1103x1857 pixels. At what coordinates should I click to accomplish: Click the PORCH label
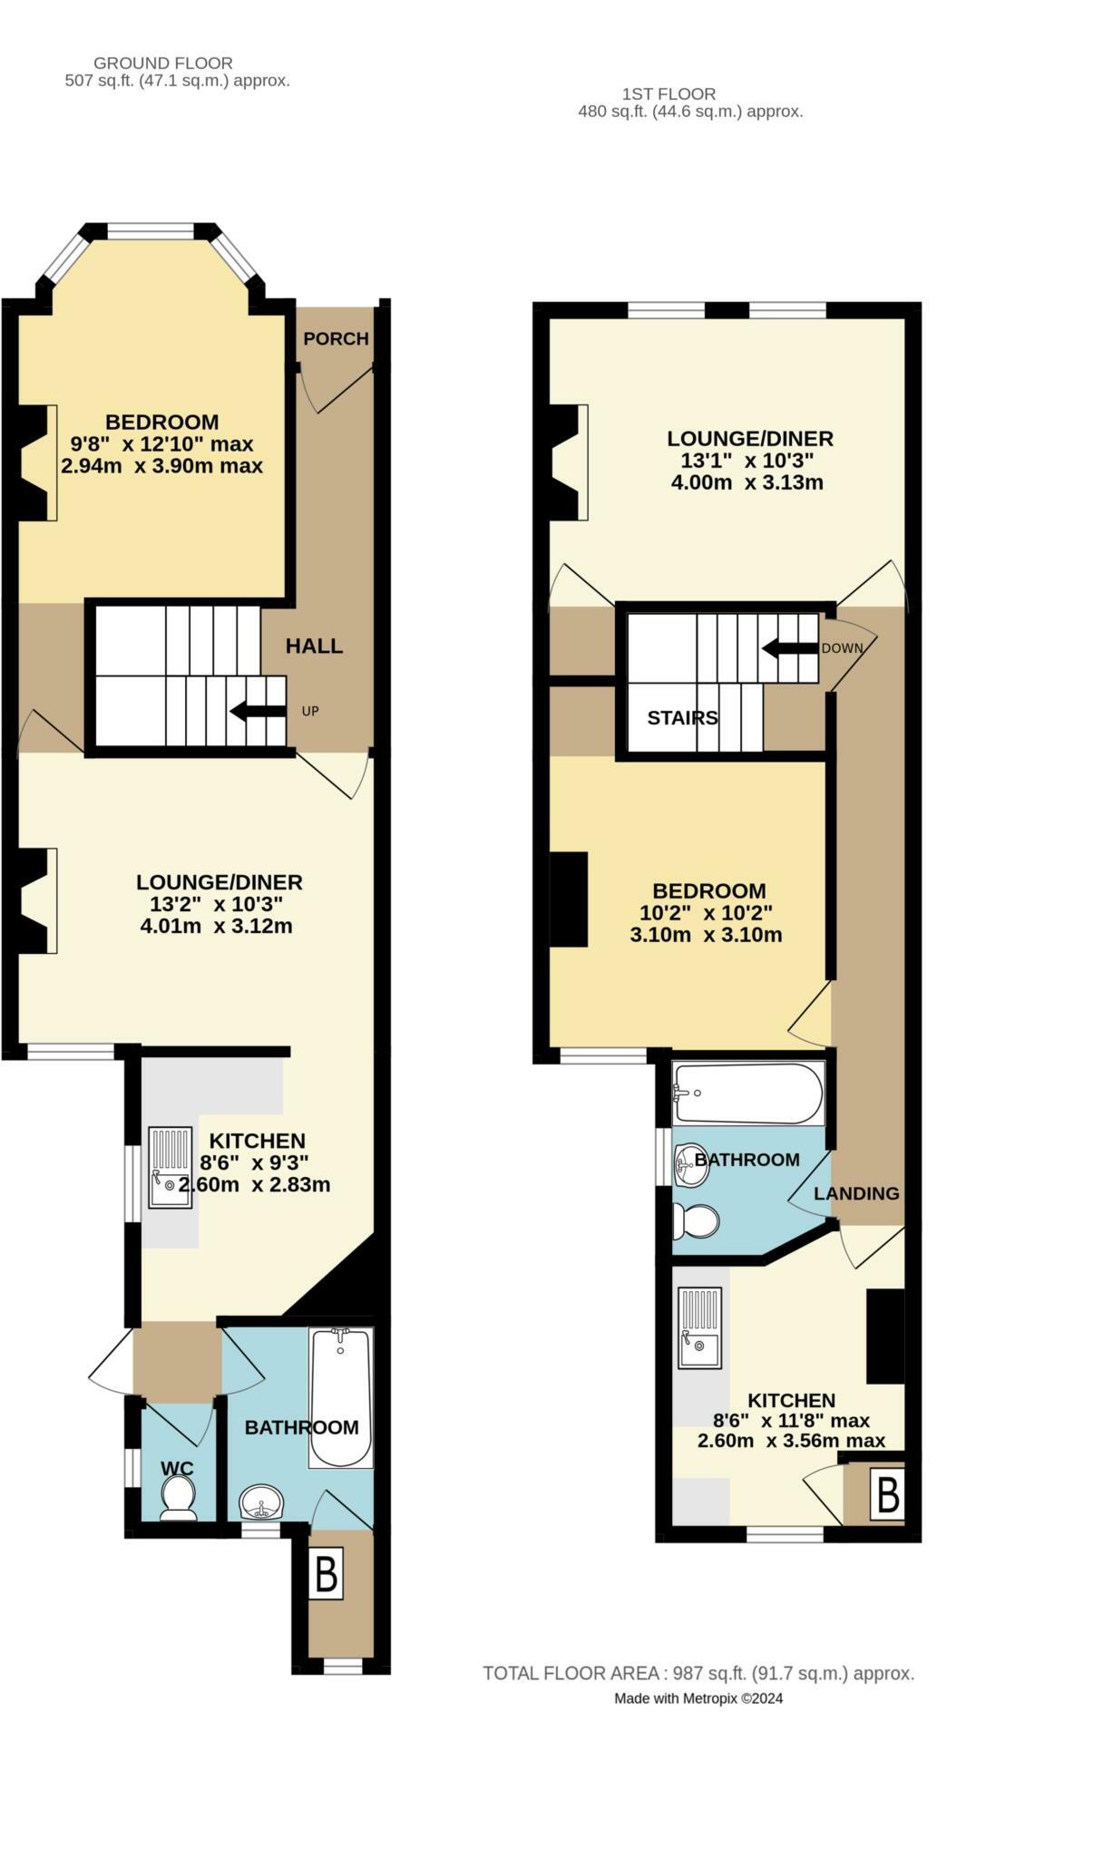tap(336, 339)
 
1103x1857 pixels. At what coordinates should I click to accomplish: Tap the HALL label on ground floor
tap(314, 647)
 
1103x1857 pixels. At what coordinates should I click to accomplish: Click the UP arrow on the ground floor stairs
tap(258, 711)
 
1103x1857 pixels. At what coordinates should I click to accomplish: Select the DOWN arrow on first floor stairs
tap(790, 648)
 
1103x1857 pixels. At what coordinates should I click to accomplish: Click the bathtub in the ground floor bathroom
tap(340, 1397)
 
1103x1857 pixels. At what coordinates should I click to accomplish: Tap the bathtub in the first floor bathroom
tap(748, 1094)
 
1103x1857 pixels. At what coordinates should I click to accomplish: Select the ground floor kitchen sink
tap(171, 1167)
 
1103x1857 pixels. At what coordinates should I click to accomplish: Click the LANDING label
tap(856, 1193)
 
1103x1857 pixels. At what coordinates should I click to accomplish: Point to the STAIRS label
tap(683, 718)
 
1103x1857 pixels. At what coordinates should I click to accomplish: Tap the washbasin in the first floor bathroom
tap(692, 1164)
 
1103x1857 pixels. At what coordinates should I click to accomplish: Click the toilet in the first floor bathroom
tap(696, 1221)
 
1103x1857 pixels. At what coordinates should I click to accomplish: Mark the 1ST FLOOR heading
tap(669, 93)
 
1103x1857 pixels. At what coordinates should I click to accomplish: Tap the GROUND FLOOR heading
tap(163, 63)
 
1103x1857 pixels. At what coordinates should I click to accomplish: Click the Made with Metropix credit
tap(698, 1698)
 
